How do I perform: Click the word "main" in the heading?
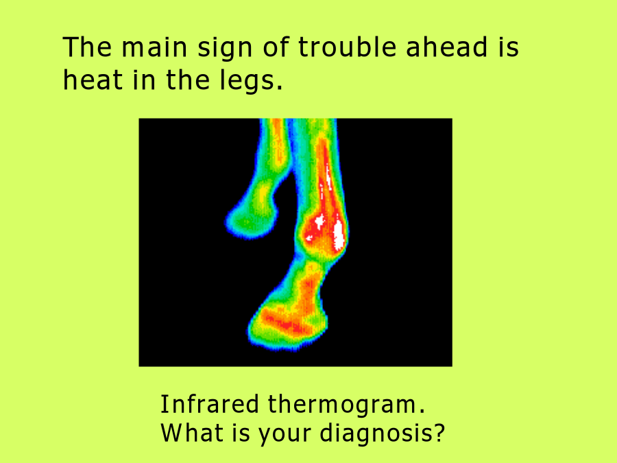(x=154, y=47)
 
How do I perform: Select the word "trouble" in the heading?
(x=347, y=47)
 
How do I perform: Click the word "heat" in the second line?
(x=93, y=80)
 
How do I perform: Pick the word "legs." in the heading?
(x=251, y=81)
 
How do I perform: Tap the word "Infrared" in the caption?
(x=210, y=404)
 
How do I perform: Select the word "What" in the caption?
(x=192, y=432)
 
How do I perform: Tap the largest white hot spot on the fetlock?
(x=339, y=235)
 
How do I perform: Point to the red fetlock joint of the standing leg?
(x=322, y=233)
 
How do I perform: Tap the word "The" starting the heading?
(x=87, y=47)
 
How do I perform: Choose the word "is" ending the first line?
(x=509, y=47)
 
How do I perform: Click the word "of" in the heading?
(x=276, y=47)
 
